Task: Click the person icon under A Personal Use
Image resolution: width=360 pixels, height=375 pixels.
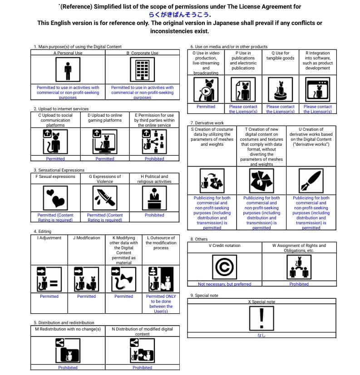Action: tap(68, 70)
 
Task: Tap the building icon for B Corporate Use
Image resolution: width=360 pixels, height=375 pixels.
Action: tap(142, 70)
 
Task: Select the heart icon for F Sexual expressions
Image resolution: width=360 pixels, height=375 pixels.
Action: tap(55, 197)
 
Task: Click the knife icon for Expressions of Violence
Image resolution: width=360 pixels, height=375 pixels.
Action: tap(105, 197)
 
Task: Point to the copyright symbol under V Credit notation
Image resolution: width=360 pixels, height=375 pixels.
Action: tap(224, 267)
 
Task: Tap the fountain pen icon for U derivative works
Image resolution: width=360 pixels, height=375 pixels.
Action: tap(311, 181)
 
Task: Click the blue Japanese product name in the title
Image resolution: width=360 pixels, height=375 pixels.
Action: tap(180, 15)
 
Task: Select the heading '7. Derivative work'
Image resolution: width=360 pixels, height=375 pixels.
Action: tap(207, 123)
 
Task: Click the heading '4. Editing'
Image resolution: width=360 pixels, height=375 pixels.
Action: tap(43, 232)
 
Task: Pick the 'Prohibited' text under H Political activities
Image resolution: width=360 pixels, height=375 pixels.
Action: tap(154, 215)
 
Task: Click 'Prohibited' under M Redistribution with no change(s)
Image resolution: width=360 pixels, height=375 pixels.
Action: tap(68, 368)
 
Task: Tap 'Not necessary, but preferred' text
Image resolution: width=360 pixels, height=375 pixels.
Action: tap(224, 284)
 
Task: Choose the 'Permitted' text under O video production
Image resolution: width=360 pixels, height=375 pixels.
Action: tap(206, 107)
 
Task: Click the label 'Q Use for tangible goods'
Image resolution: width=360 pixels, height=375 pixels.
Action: tap(280, 56)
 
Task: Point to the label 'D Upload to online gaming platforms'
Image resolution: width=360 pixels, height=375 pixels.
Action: tap(105, 118)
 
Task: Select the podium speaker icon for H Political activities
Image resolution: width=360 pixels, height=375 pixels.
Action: tap(154, 197)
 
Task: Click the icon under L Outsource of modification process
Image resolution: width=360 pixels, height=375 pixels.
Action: tap(161, 278)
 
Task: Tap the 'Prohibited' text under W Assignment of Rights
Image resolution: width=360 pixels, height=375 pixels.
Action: tap(299, 284)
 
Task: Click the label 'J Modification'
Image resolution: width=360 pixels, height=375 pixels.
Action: tap(86, 238)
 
